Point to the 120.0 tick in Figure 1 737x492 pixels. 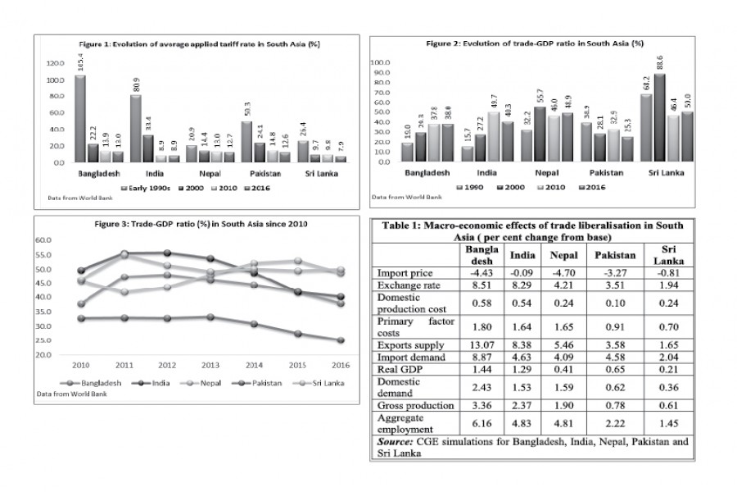pyautogui.click(x=56, y=63)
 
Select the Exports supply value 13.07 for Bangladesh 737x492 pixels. pyautogui.click(x=480, y=345)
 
